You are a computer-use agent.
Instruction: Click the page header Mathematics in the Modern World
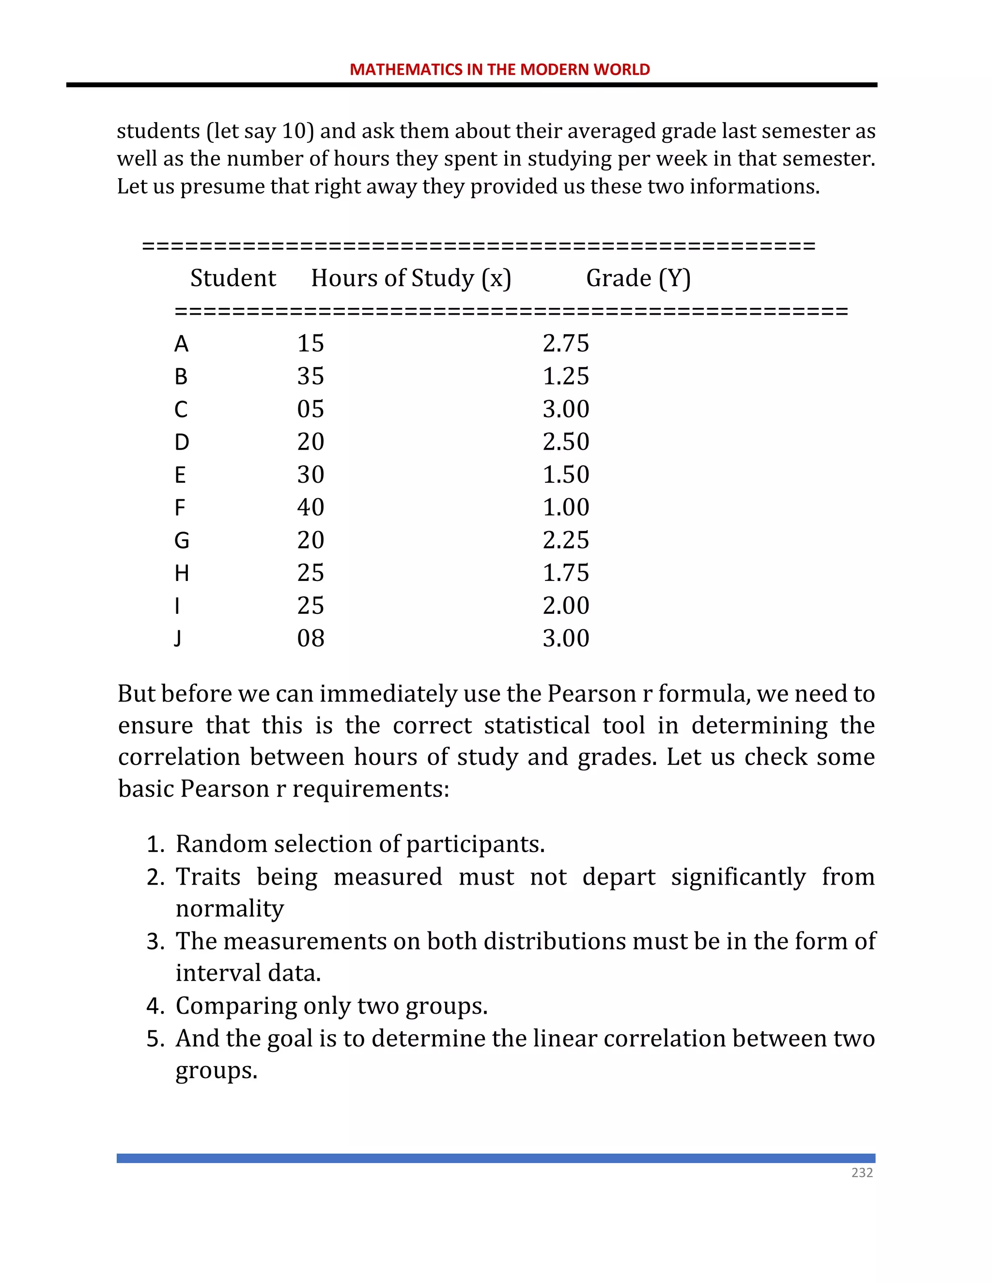(499, 69)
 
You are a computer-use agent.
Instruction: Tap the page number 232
(862, 1173)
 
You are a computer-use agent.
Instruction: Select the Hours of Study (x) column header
(411, 278)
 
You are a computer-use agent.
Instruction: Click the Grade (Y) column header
(638, 278)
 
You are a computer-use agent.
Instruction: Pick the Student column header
(232, 278)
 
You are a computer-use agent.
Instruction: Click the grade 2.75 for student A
(565, 344)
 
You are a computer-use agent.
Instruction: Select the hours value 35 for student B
(310, 377)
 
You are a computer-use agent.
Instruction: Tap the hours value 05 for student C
(310, 410)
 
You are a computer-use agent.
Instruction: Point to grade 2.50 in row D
(565, 442)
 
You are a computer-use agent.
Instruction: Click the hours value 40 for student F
(310, 507)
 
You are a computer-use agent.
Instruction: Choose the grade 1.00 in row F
(565, 507)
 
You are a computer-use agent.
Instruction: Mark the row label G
(182, 540)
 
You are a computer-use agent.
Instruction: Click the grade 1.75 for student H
(565, 573)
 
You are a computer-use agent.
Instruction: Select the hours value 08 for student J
(310, 639)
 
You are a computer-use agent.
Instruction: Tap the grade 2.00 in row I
(565, 606)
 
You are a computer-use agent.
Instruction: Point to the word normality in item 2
(230, 909)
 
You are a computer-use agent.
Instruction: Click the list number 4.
(155, 1007)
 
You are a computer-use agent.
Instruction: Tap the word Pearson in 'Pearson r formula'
(591, 694)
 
